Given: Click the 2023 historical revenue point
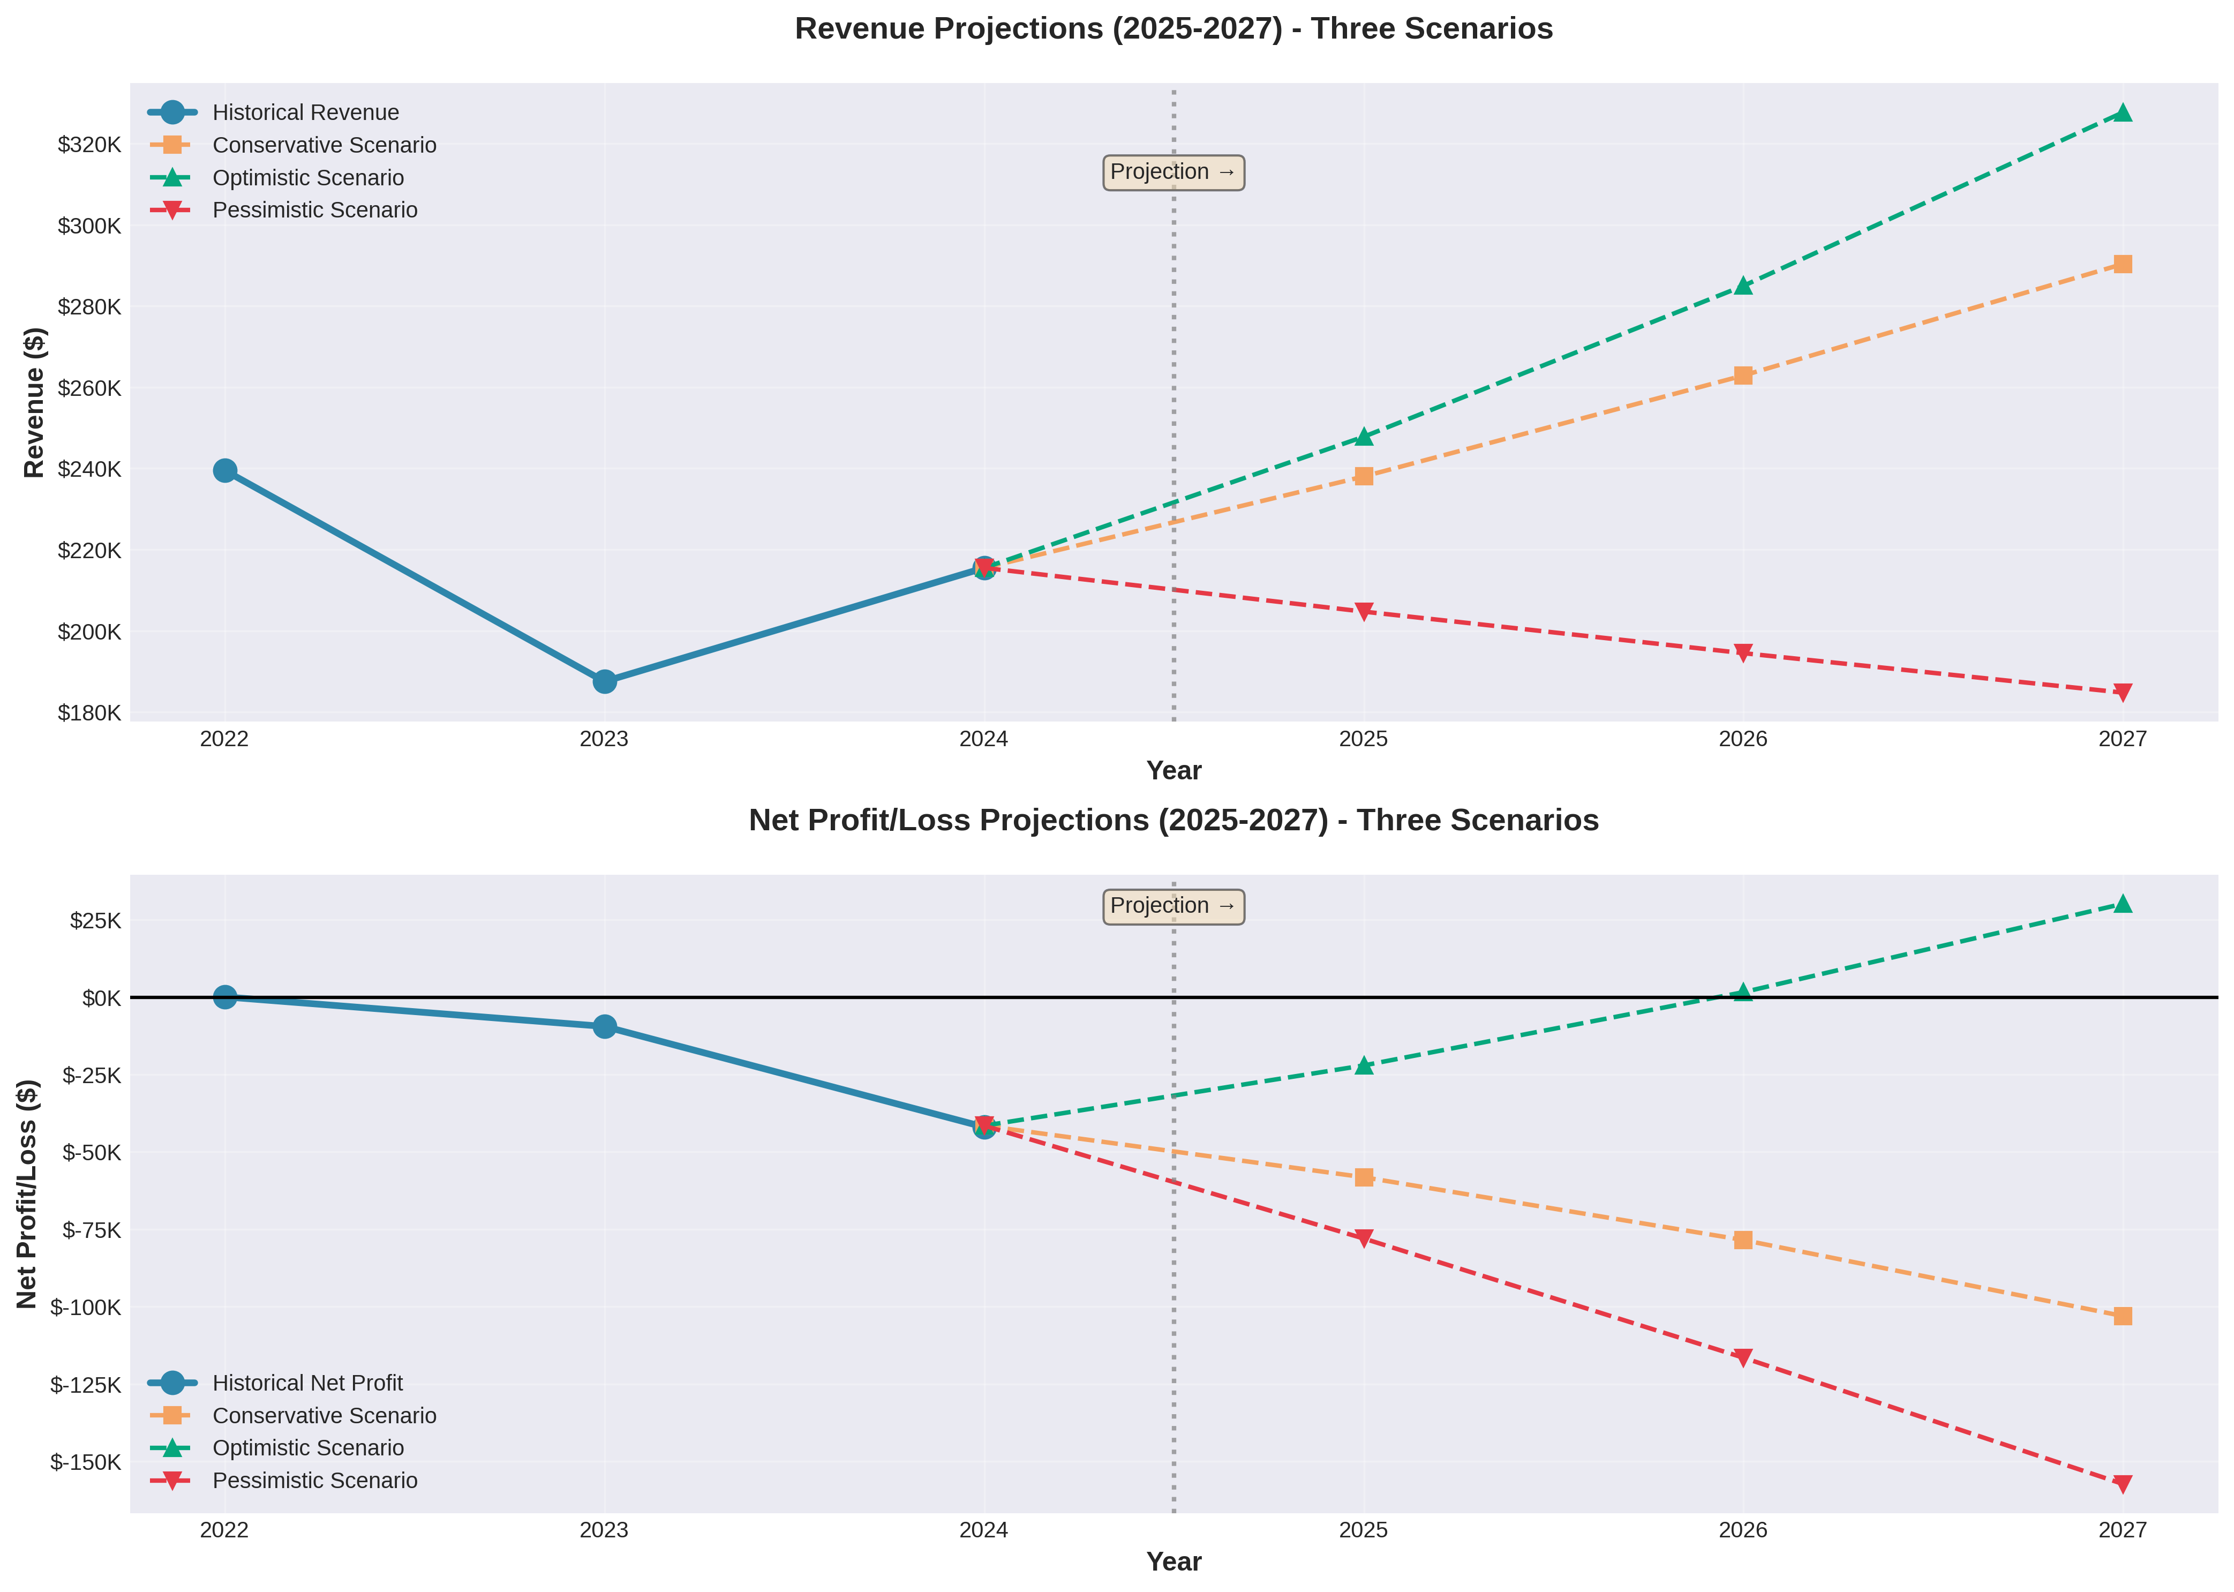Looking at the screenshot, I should pyautogui.click(x=605, y=681).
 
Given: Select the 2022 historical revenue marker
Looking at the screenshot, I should pyautogui.click(x=224, y=470).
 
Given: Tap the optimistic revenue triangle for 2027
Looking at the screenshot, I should pyautogui.click(x=2122, y=112).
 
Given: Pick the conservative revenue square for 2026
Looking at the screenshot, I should pyautogui.click(x=1743, y=376).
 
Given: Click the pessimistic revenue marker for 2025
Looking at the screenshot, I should pyautogui.click(x=1364, y=612).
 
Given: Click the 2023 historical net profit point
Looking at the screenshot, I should pyautogui.click(x=605, y=1026).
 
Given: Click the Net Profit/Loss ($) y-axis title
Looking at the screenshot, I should pyautogui.click(x=27, y=1194).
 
